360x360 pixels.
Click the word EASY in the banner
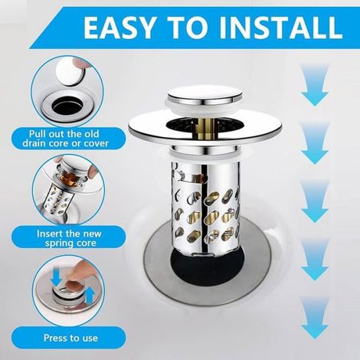point(119,28)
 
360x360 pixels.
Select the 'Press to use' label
point(70,338)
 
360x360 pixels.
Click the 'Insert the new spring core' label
point(69,238)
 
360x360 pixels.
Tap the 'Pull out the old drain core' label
point(65,139)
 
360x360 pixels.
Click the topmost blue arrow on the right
point(314,85)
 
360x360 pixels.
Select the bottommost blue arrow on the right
point(314,318)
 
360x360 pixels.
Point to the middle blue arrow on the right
point(314,201)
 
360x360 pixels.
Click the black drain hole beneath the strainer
point(205,266)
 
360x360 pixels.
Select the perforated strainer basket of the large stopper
point(205,205)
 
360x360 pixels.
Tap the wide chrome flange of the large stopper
point(206,129)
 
